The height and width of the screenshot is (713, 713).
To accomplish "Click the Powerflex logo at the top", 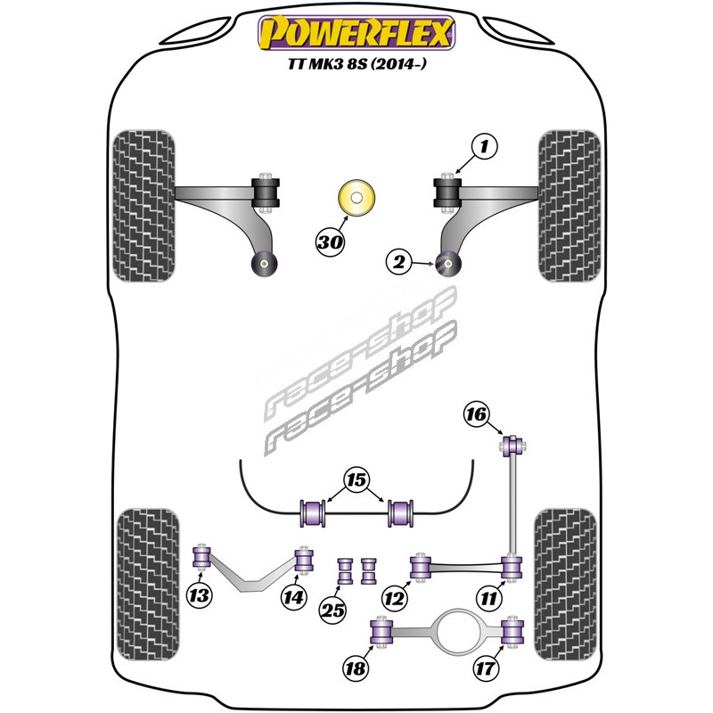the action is point(356,33).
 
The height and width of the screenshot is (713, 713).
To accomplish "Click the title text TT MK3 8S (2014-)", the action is point(357,63).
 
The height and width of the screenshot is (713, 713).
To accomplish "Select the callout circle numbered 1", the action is point(484,146).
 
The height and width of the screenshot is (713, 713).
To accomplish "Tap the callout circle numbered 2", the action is point(399,262).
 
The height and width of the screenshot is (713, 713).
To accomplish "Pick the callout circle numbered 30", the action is point(330,242).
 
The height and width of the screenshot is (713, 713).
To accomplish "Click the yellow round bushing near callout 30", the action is point(356,198).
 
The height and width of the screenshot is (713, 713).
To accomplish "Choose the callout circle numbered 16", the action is point(476,414).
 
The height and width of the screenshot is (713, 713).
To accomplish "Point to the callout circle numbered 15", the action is point(356,479).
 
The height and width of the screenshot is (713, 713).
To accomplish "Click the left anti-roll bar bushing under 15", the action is point(313,513).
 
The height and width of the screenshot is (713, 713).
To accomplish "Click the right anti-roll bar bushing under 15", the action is point(400,513).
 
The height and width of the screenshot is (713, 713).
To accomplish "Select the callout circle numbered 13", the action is point(200,595).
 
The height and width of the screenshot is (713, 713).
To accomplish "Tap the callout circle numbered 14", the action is point(293,597).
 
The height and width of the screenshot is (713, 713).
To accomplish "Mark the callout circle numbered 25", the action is point(332,611).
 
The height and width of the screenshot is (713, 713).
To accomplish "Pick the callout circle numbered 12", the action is point(394,598).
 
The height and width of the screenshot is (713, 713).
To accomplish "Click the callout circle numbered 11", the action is point(488,598).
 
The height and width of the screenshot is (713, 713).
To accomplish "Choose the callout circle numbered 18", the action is point(356,668).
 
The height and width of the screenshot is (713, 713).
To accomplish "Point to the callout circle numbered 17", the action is point(486,668).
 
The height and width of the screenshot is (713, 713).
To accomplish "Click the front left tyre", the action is point(143,206).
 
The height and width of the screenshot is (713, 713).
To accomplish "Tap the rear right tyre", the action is point(565,585).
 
